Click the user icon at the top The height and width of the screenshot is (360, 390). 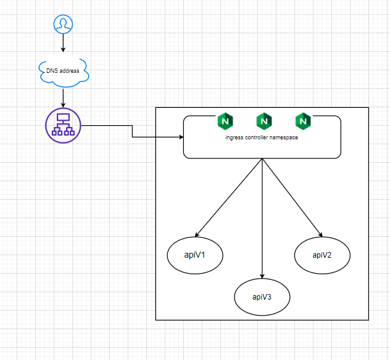pyautogui.click(x=63, y=24)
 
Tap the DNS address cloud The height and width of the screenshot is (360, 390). pyautogui.click(x=63, y=71)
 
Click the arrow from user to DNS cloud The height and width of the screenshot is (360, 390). pyautogui.click(x=63, y=44)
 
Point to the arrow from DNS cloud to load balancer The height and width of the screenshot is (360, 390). pyautogui.click(x=63, y=96)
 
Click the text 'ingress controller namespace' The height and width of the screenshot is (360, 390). pyautogui.click(x=262, y=137)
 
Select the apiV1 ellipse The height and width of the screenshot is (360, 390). pyautogui.click(x=195, y=254)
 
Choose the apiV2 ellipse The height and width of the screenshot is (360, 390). pyautogui.click(x=322, y=255)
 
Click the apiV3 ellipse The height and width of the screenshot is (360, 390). pyautogui.click(x=262, y=297)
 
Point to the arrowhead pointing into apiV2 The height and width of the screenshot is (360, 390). pyautogui.click(x=320, y=234)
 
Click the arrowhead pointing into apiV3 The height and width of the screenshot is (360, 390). pyautogui.click(x=262, y=276)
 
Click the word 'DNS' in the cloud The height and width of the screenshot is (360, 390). pyautogui.click(x=52, y=71)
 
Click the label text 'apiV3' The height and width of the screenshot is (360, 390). pyautogui.click(x=262, y=297)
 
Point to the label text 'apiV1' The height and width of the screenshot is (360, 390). pyautogui.click(x=195, y=254)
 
